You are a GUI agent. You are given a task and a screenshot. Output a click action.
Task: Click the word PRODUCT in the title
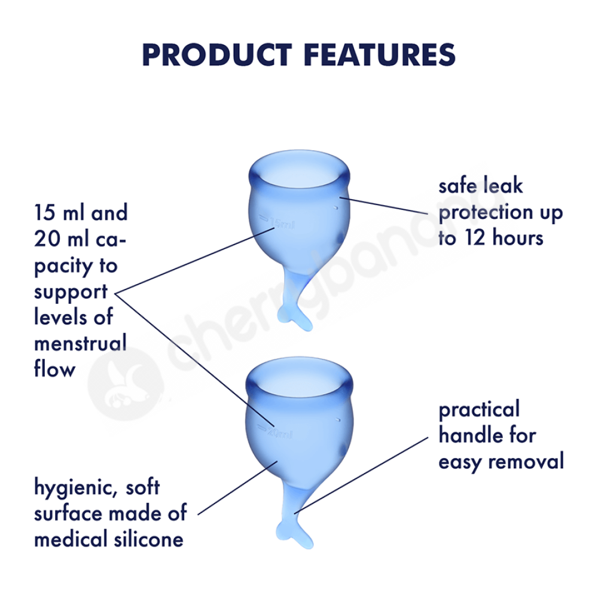coord(217,55)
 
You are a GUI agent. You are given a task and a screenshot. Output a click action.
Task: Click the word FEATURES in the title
coord(380,55)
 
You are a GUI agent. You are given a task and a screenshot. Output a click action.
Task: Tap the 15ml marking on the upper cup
coord(277,222)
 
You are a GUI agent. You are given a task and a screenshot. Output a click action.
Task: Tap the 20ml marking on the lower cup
coord(274,432)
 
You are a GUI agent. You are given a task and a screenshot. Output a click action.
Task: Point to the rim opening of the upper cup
coord(300,170)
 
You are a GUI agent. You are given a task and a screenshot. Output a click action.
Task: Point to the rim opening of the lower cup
coord(300,377)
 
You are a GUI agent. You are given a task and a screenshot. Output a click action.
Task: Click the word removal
coord(526,461)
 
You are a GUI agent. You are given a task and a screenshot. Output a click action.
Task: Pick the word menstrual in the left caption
coord(81,343)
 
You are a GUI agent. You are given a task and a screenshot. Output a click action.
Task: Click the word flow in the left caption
coord(54,368)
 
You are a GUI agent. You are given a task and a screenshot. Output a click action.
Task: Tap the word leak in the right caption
coord(503,186)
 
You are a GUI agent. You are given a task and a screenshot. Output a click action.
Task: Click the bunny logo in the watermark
coord(126,383)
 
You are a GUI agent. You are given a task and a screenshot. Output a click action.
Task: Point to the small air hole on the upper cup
coord(335,208)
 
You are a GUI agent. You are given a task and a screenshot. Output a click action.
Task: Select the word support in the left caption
coord(71,293)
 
